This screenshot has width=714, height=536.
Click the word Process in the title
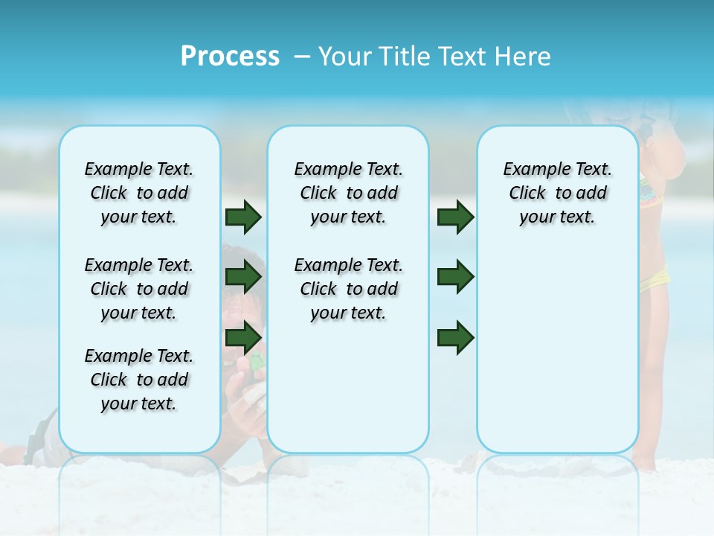coord(230,57)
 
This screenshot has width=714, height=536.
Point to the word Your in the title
coord(345,57)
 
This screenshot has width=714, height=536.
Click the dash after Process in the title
coord(302,57)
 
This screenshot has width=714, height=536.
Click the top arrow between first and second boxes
coord(243,217)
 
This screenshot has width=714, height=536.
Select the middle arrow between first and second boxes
coord(243,278)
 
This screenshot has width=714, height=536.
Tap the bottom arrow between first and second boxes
coord(243,338)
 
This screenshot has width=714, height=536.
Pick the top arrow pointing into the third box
coord(455,217)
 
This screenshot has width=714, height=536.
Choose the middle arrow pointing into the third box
coord(455,277)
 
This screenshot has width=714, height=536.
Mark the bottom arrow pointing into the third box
coord(455,338)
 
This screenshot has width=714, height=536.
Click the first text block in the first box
coord(139,193)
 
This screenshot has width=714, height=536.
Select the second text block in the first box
coord(139,289)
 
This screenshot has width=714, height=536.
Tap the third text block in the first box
coord(139,380)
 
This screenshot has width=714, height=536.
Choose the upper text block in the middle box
coord(348,193)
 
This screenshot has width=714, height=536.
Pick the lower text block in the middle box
coord(348,289)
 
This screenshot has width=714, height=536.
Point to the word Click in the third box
coord(527,194)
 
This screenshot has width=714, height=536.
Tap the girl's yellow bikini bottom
coord(654,281)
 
